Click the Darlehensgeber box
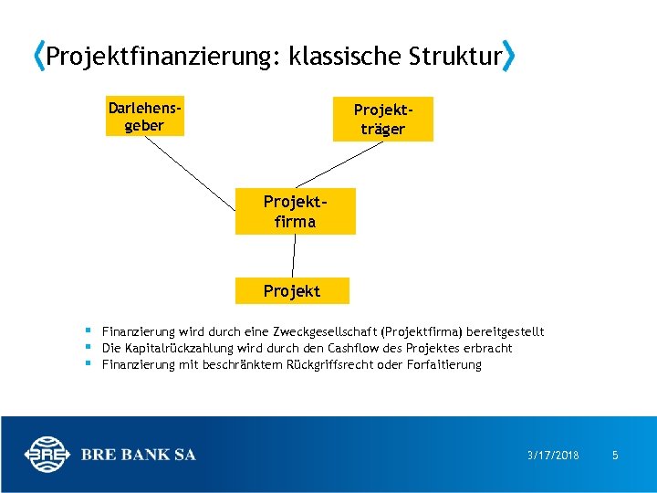point(144,117)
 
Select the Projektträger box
point(382,119)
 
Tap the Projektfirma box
point(295,212)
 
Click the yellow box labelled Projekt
point(292,290)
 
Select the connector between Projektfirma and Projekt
point(293,257)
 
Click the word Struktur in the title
point(455,58)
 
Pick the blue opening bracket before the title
point(37,58)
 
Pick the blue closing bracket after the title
point(509,58)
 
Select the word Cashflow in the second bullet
point(348,348)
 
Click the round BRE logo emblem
point(47,455)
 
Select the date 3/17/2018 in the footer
point(553,455)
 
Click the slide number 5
point(615,455)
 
